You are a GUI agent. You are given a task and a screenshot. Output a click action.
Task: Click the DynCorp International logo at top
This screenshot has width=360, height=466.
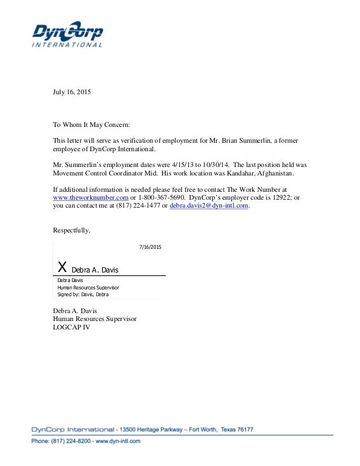(67, 34)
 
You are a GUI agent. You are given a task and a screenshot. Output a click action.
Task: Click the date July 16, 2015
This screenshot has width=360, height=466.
(72, 91)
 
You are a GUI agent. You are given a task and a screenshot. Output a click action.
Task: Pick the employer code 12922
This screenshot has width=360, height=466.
(274, 198)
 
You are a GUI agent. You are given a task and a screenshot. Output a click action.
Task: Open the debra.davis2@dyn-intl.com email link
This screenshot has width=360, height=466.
(209, 206)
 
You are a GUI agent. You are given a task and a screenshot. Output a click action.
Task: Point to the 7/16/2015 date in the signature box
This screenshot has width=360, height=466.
(150, 247)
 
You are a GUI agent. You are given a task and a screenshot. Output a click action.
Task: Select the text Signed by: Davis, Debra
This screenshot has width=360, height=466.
(83, 294)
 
